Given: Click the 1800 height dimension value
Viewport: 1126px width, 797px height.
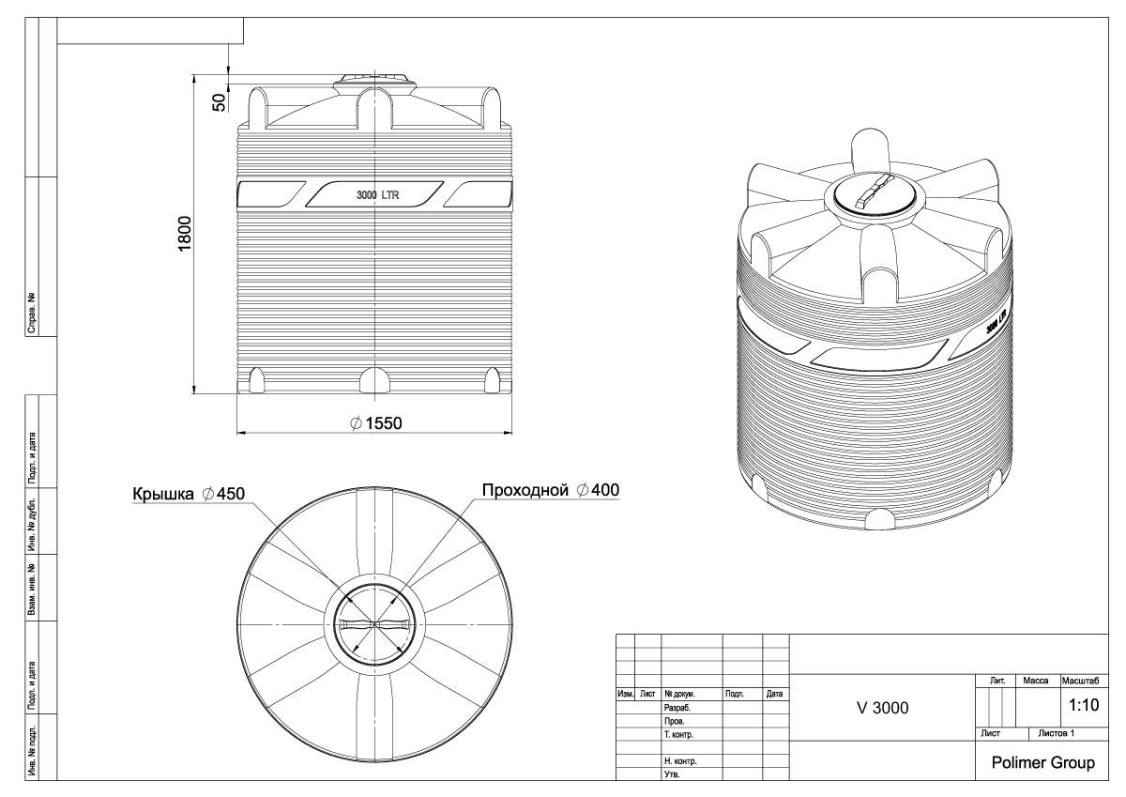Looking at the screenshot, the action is [x=185, y=234].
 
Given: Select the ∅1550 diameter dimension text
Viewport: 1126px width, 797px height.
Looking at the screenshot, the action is [x=376, y=423].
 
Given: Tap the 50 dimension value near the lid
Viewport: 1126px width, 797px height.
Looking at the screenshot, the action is [x=220, y=102].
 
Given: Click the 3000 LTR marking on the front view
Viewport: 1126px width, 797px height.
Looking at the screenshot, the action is [x=377, y=195].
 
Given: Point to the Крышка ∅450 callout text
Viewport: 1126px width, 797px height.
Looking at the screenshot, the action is [x=189, y=494].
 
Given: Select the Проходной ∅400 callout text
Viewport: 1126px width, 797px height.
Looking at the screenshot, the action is [x=551, y=490].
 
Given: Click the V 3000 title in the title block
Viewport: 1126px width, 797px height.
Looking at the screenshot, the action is [x=883, y=708].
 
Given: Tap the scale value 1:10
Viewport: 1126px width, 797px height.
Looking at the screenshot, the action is [x=1084, y=705].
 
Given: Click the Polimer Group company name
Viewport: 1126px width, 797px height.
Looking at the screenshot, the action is [x=1043, y=763].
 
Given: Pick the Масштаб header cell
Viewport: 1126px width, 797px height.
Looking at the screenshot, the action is [x=1080, y=681].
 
